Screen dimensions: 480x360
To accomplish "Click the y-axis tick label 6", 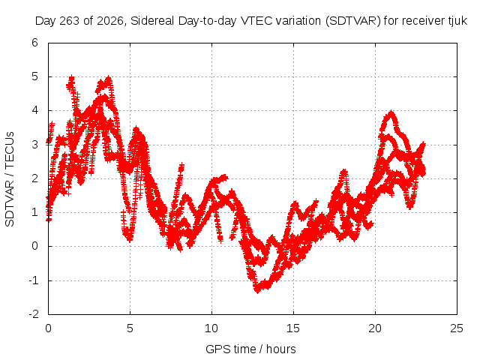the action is coord(34,43).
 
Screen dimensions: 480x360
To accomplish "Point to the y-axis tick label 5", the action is coord(34,76).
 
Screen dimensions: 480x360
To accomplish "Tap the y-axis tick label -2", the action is coord(34,314).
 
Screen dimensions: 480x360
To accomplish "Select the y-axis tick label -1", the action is coord(34,280).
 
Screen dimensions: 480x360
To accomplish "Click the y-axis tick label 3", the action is coord(34,145).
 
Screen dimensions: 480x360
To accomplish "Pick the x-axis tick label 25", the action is coord(457,328).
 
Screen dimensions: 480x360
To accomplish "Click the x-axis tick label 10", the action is coord(211,328).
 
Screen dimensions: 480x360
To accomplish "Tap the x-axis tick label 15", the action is coord(293,328).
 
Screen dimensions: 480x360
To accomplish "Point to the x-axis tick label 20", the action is coord(375,328).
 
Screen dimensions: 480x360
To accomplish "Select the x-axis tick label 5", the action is coord(130,328).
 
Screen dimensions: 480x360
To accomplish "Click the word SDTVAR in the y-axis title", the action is coord(10,203).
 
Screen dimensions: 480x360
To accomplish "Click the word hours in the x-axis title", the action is coord(280,349).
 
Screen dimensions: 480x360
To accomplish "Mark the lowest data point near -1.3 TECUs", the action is coord(257,290).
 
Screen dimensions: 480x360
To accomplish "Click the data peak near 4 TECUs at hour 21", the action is coord(391,112).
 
